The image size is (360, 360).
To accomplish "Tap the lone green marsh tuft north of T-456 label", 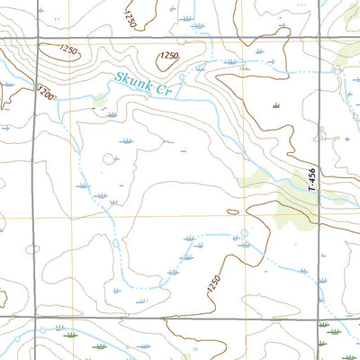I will (276, 106).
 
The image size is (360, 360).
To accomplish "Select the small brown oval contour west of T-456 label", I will (233, 211).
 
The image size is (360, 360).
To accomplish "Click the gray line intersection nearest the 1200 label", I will (37, 40).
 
